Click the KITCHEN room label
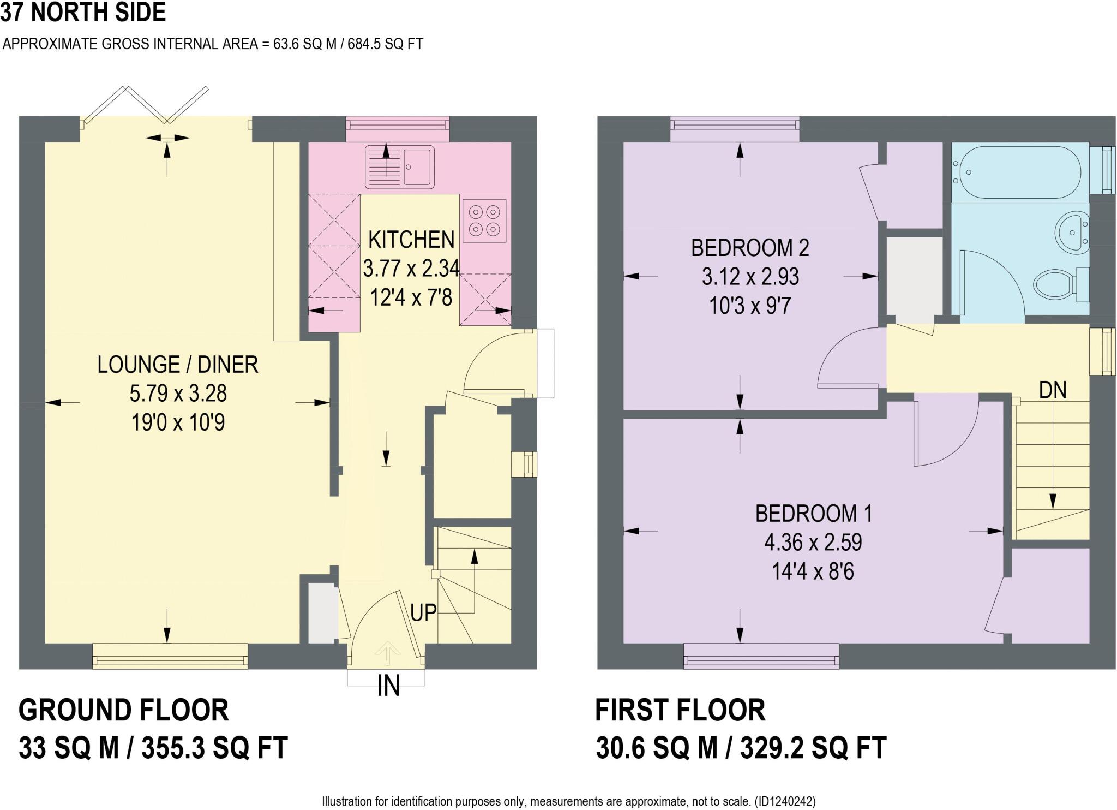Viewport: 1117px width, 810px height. (411, 240)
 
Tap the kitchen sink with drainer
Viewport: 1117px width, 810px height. (400, 166)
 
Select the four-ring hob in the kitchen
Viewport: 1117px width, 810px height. (484, 221)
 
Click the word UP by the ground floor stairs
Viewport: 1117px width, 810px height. (423, 612)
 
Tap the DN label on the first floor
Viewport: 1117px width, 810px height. (1053, 390)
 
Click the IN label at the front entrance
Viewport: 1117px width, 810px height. (388, 686)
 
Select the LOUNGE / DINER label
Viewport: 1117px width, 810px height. (177, 365)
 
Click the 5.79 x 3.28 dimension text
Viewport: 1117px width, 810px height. (178, 394)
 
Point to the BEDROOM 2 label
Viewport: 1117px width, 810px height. (750, 248)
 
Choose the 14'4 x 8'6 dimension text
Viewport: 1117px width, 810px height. (813, 571)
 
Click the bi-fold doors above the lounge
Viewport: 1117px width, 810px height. (146, 104)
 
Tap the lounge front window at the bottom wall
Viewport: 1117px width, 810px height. (170, 656)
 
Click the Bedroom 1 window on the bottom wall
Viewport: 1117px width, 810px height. (761, 656)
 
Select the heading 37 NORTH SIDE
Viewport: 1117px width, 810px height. (83, 12)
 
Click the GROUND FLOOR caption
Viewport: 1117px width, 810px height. (124, 710)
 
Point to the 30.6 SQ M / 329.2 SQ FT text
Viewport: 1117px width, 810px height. (741, 748)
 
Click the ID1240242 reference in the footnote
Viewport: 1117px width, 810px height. (785, 801)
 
